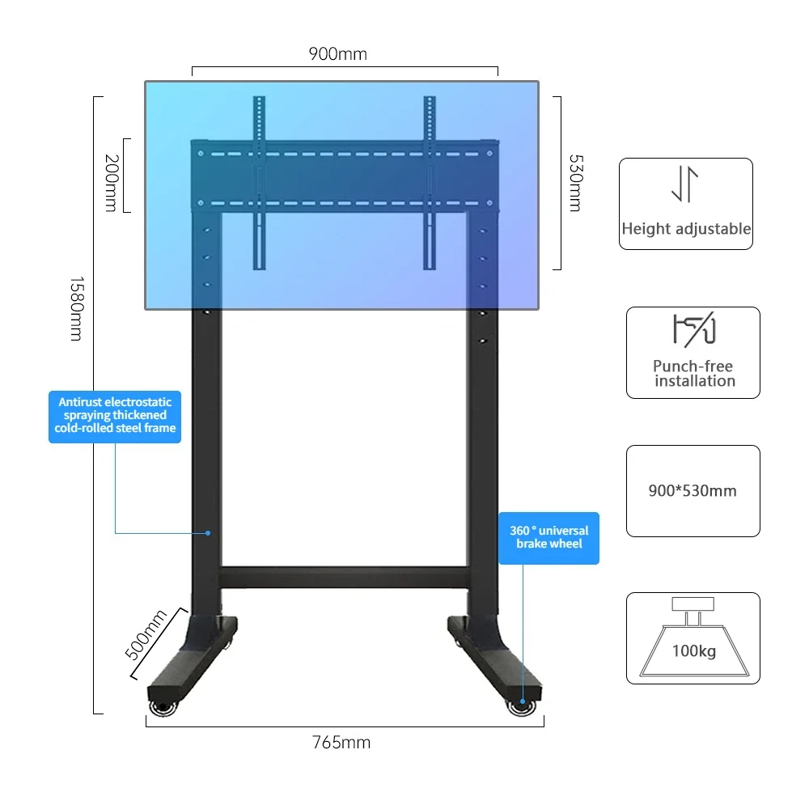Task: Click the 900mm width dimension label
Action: click(337, 54)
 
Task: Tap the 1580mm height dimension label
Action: click(75, 308)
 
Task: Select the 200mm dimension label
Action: click(111, 184)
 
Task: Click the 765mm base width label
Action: click(341, 742)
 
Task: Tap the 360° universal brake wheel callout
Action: click(549, 537)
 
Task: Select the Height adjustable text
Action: click(686, 229)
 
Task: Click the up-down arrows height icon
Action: click(684, 185)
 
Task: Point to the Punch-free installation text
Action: click(694, 374)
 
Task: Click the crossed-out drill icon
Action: click(693, 331)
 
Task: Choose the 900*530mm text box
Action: click(693, 490)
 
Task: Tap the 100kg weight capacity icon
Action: click(693, 639)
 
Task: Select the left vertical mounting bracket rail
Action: click(259, 182)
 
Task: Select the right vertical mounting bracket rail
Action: click(430, 182)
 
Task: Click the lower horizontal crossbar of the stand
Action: click(343, 577)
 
